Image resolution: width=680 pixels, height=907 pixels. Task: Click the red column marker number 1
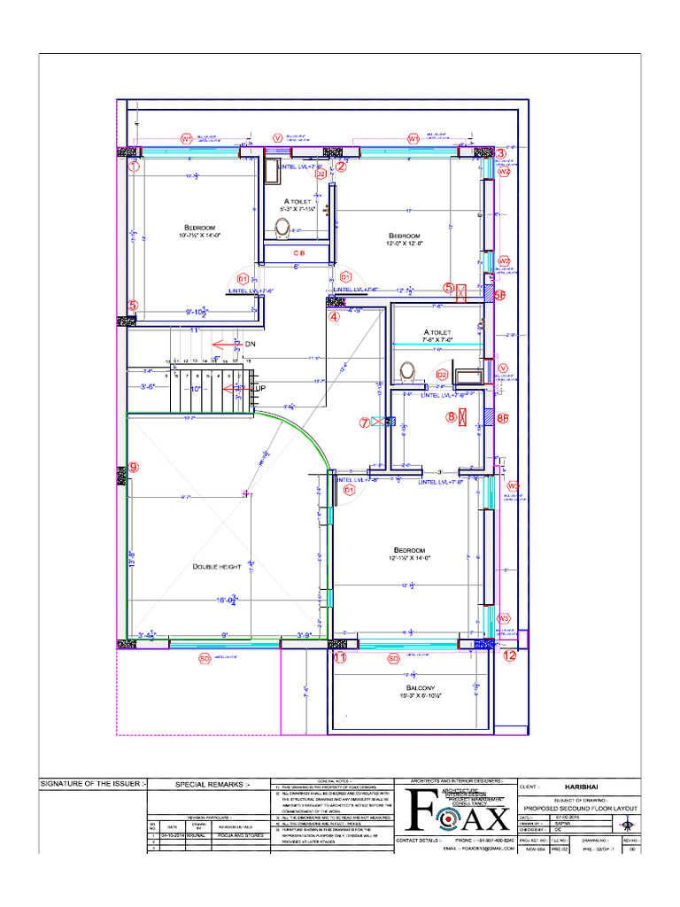pos(134,165)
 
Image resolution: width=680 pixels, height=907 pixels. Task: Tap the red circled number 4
pos(334,316)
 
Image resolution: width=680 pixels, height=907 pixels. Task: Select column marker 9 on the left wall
pos(134,467)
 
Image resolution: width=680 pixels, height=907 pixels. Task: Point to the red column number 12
pos(509,656)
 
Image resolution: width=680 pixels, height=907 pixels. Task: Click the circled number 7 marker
pos(364,422)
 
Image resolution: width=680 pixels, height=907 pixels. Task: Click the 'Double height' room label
pos(216,567)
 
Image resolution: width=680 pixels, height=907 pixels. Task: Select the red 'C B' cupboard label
pos(297,252)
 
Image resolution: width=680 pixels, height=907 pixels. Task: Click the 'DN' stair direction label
pos(250,344)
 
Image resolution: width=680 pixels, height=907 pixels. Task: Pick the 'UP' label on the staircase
pos(259,388)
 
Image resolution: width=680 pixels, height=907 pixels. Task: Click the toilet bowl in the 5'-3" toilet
pos(282,228)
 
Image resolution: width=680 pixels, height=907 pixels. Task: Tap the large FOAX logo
pos(455,810)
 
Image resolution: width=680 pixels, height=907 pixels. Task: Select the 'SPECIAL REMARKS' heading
pos(212,784)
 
